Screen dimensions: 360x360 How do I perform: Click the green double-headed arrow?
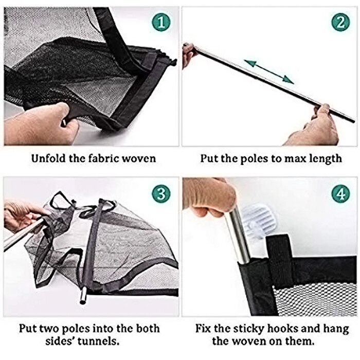click(x=268, y=71)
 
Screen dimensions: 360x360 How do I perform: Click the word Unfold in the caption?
click(x=50, y=158)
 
